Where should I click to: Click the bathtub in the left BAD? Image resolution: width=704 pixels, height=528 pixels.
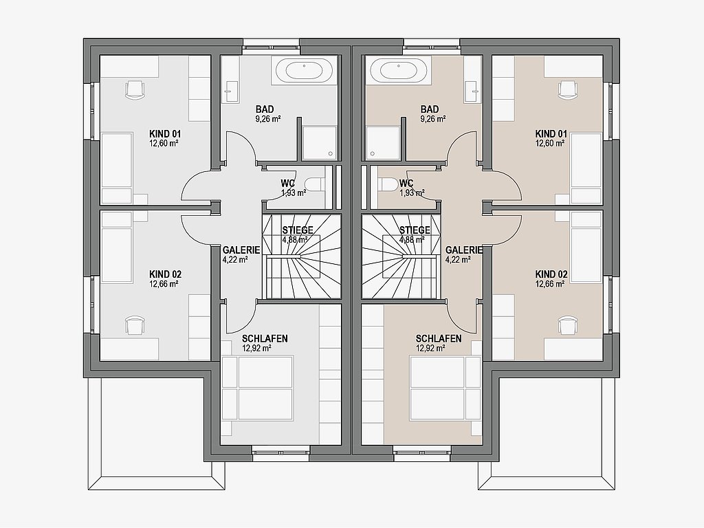tap(305, 70)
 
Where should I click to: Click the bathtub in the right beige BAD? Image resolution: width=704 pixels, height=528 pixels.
tap(399, 70)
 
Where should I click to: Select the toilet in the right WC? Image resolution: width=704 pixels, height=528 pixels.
tap(388, 184)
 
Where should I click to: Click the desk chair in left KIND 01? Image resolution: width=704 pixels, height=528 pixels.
tap(135, 89)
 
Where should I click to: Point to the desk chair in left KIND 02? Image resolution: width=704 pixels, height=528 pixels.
tap(135, 324)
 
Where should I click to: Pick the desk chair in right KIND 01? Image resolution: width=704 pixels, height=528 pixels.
tap(568, 89)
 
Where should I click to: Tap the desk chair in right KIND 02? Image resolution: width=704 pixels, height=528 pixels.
tap(568, 324)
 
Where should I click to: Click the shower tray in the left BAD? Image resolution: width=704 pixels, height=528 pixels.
tap(319, 143)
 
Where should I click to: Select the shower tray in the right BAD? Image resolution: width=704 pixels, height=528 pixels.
tap(383, 143)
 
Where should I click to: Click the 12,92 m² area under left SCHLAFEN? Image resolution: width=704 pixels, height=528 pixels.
tap(257, 348)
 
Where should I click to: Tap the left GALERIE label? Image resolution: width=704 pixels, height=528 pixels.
tap(241, 250)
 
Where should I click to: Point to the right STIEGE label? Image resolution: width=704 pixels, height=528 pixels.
tap(415, 230)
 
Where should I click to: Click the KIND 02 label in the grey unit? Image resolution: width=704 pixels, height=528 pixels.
tap(165, 274)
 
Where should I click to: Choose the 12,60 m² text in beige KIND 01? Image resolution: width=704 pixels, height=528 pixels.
tap(551, 143)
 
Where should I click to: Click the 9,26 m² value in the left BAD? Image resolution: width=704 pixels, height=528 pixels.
tap(269, 119)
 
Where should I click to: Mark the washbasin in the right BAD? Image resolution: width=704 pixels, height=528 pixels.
tap(472, 91)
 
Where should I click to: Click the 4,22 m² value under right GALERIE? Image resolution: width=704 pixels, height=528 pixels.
tap(458, 259)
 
